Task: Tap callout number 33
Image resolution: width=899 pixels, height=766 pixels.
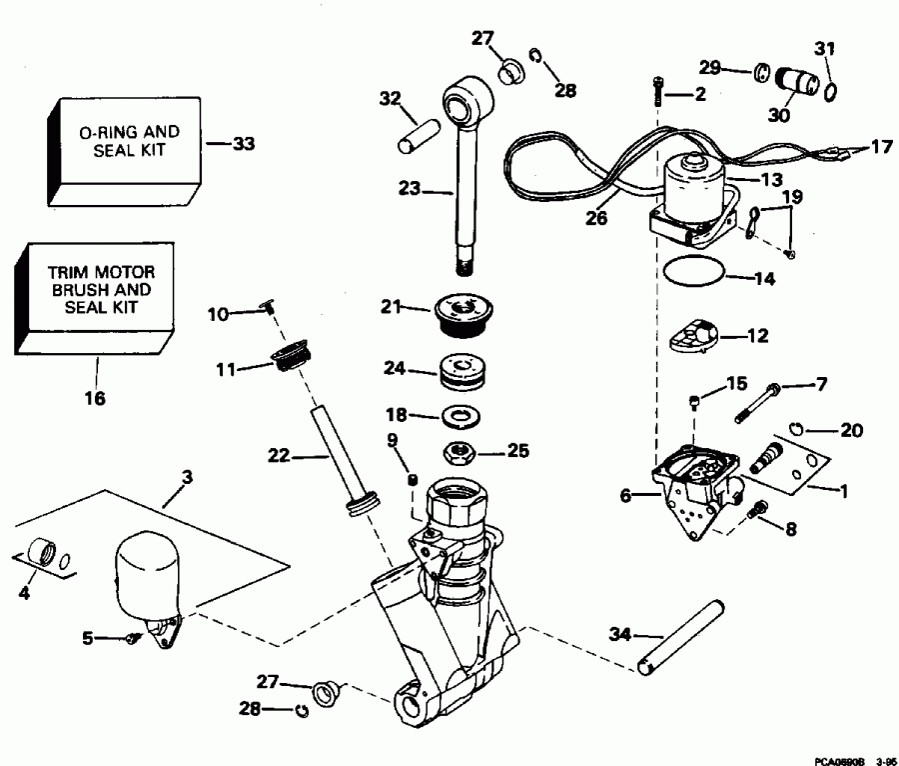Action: (243, 144)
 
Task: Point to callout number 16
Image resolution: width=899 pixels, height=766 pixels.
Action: (95, 397)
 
